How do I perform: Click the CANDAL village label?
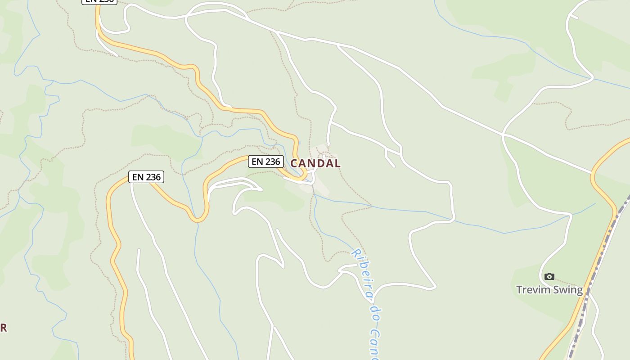click(315, 163)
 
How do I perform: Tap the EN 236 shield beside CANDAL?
click(265, 162)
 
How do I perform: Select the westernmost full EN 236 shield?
click(146, 177)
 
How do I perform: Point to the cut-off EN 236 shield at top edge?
click(99, 1)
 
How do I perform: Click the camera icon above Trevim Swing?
click(549, 276)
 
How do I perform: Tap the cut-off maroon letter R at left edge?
click(3, 328)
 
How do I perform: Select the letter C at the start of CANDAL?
click(294, 163)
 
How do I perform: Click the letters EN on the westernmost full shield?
click(138, 177)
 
